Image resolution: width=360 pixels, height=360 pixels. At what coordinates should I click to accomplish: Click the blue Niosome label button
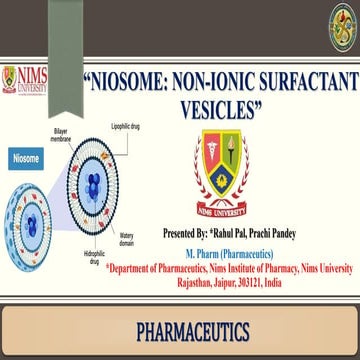point(25,158)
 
